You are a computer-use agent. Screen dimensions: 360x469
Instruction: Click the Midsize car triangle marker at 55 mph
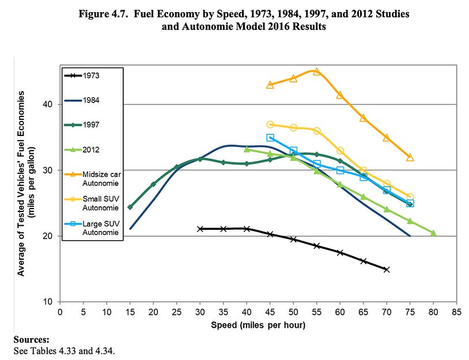[316, 72]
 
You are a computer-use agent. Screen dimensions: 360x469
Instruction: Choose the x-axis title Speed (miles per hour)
[258, 325]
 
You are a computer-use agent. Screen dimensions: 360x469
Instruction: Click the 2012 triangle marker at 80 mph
[433, 233]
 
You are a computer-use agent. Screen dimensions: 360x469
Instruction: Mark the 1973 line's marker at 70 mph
[386, 269]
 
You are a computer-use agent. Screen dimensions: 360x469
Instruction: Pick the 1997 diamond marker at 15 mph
[130, 207]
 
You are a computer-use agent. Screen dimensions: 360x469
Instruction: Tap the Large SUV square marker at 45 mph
[270, 138]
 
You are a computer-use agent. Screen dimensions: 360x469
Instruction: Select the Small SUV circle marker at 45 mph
[270, 124]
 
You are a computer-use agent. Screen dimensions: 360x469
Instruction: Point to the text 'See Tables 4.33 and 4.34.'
[60, 350]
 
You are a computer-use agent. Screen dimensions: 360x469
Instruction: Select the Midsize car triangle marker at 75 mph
[410, 157]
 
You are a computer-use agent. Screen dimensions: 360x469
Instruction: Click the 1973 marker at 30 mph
[200, 229]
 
